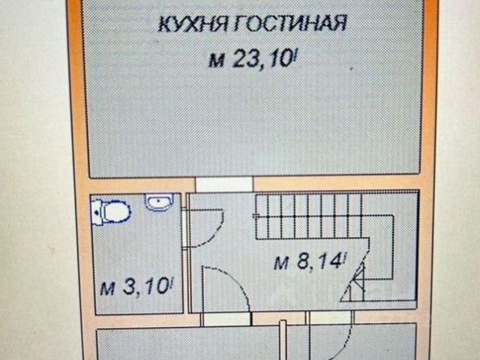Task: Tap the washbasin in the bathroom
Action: (158, 202)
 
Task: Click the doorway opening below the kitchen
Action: (223, 184)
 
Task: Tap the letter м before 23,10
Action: (217, 61)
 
